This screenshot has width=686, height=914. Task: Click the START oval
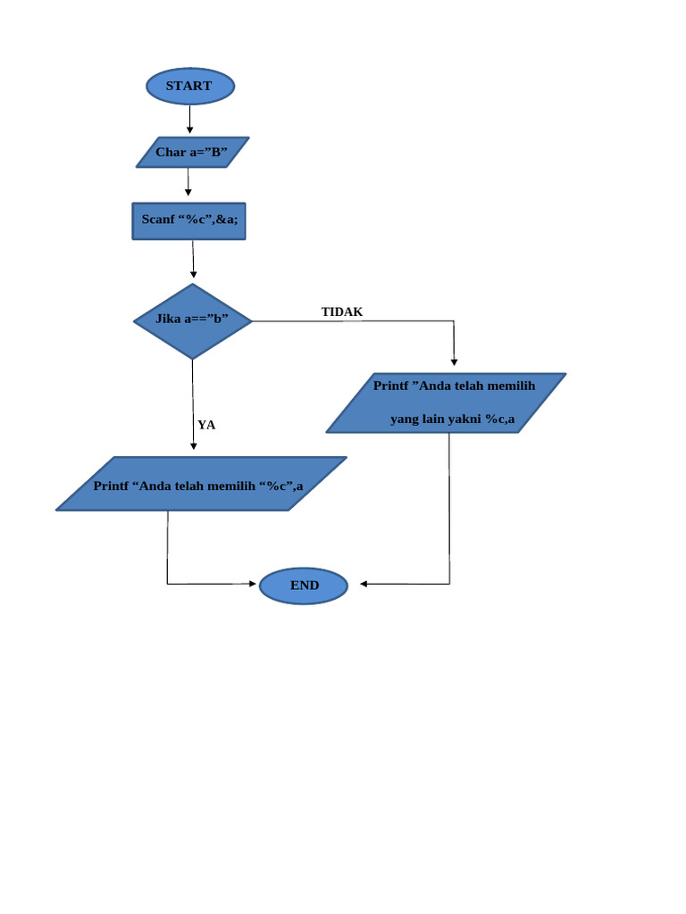tap(189, 86)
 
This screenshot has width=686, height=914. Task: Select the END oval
tap(304, 586)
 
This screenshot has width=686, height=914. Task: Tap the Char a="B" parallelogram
tap(192, 152)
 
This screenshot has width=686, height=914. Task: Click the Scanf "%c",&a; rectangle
tap(188, 221)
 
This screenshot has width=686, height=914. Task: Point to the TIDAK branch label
tap(342, 312)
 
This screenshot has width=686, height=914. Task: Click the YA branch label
tap(206, 425)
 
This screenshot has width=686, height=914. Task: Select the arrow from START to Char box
tap(189, 119)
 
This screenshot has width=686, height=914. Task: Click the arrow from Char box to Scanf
tap(188, 182)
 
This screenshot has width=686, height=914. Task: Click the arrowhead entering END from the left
tap(253, 584)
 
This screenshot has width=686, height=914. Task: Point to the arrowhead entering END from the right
tap(364, 584)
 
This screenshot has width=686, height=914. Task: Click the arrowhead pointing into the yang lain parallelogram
tap(455, 361)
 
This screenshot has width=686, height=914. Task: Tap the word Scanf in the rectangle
tap(158, 219)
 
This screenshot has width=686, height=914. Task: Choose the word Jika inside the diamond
tap(168, 319)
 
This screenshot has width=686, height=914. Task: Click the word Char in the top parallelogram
tap(170, 152)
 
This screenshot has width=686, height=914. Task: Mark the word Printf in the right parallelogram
tap(390, 386)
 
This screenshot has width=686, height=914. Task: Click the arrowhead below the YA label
tap(193, 446)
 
